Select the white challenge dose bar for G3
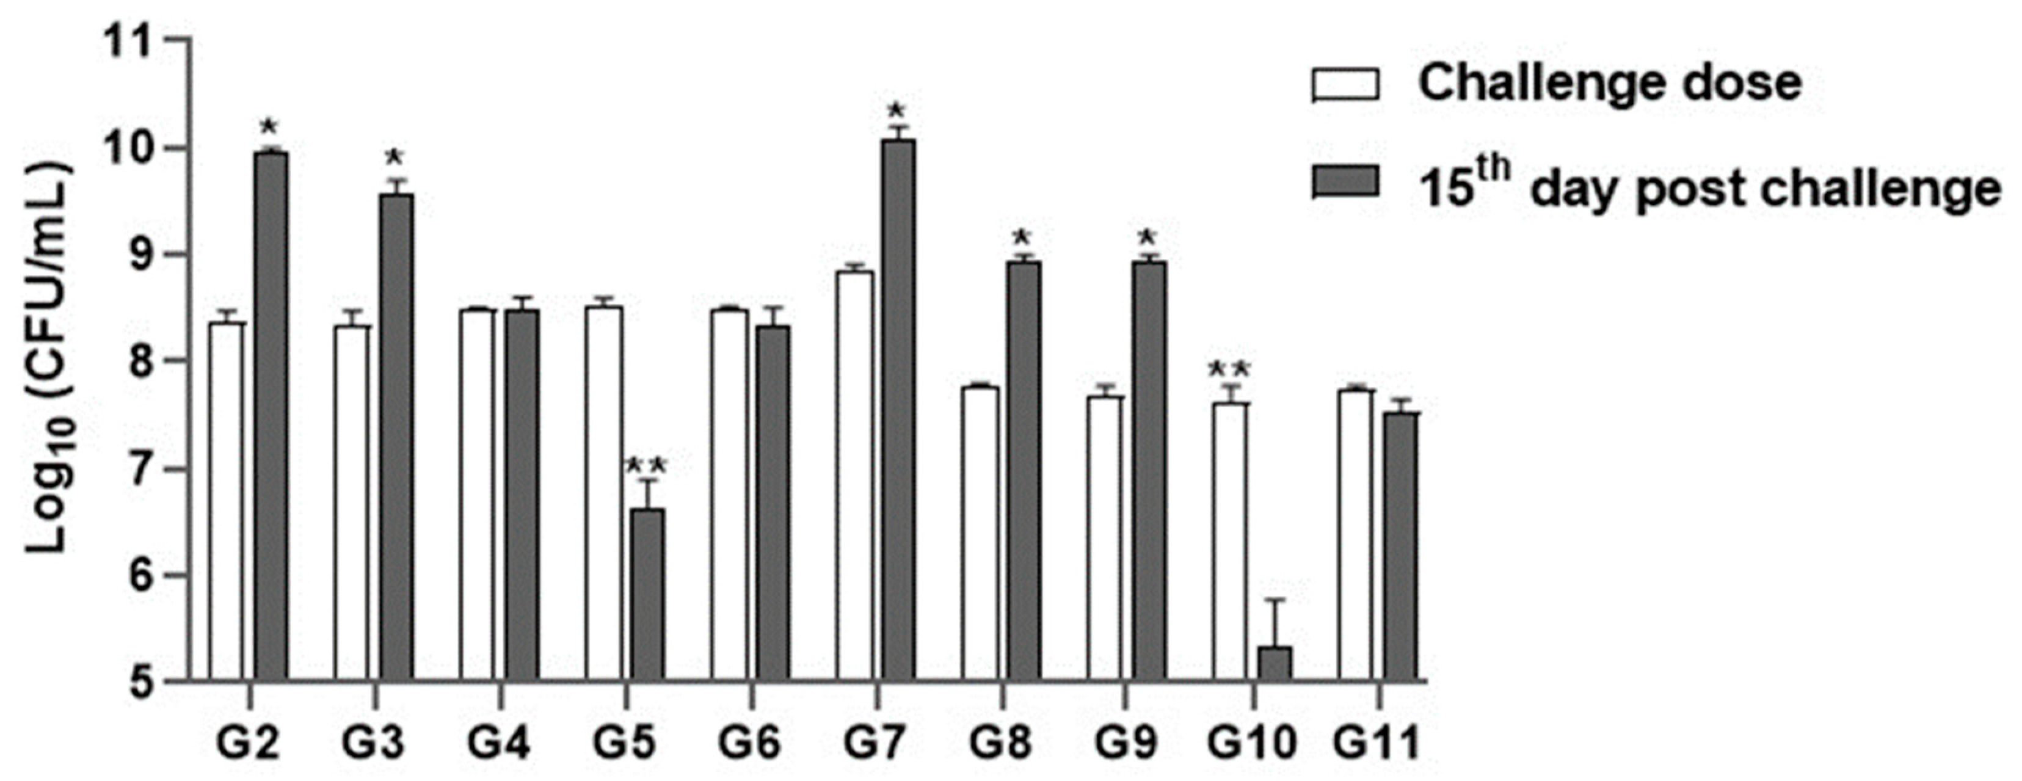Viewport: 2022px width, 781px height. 352,503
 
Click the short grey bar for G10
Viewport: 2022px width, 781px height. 1274,663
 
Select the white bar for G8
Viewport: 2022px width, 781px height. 980,533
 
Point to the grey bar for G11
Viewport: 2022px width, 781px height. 1400,545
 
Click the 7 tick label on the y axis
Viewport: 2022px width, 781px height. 141,468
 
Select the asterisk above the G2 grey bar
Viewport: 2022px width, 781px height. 269,126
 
